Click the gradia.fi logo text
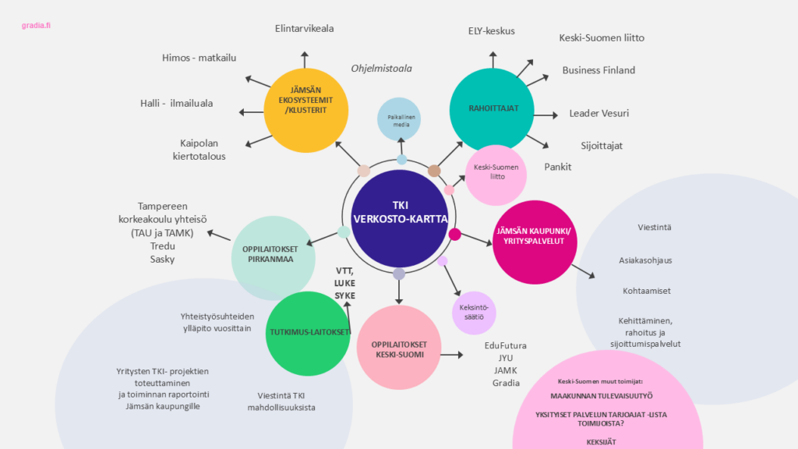(x=36, y=26)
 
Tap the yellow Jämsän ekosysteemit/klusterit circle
(x=305, y=109)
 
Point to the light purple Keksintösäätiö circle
(x=474, y=313)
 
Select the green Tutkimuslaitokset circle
(x=307, y=333)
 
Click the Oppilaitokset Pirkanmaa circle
(x=274, y=257)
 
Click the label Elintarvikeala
(x=304, y=29)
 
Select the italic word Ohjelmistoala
(x=381, y=69)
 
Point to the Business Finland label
(x=598, y=70)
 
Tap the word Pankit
(x=558, y=167)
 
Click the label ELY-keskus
(x=491, y=31)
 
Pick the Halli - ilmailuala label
(x=176, y=103)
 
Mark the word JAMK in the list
(x=505, y=370)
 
